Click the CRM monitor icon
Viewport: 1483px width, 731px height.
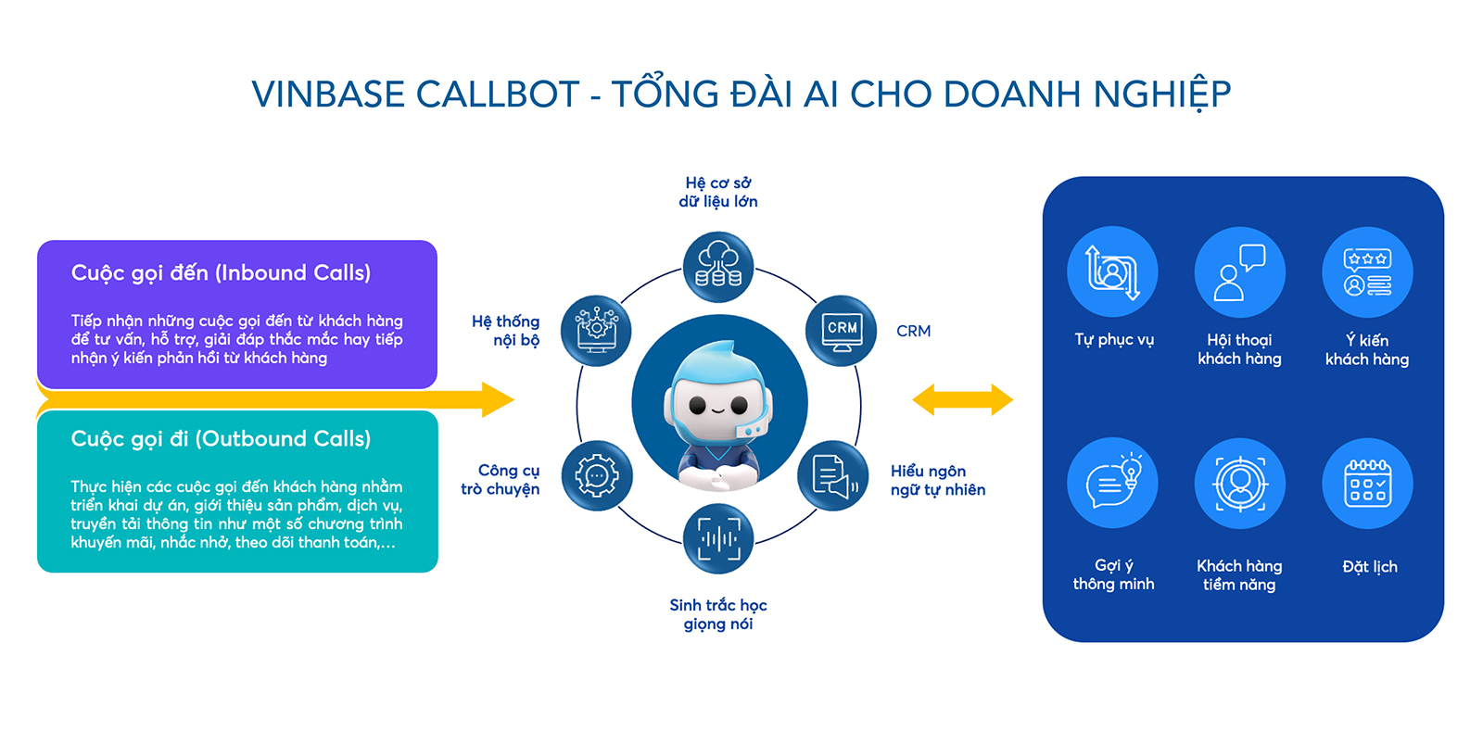(842, 331)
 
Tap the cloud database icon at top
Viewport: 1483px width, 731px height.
(718, 267)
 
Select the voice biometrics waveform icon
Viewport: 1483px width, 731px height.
(718, 538)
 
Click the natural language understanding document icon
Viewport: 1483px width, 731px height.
(832, 476)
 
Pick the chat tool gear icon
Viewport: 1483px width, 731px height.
(597, 476)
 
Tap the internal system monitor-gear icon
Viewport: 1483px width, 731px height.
(596, 331)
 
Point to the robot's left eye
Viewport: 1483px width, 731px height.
(698, 405)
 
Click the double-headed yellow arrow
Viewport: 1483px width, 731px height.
(962, 400)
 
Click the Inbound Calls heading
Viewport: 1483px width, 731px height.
(221, 272)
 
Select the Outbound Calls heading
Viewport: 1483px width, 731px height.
(221, 438)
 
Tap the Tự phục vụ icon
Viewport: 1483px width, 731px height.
(1112, 272)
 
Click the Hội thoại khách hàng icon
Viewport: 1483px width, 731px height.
(1239, 272)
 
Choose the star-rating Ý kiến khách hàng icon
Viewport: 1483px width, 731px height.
(1367, 272)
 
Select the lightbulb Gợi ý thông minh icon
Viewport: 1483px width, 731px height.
(1112, 483)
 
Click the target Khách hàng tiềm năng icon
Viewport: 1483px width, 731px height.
(1239, 483)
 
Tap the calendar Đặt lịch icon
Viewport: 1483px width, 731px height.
(1367, 483)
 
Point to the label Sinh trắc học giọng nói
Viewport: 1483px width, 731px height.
(718, 614)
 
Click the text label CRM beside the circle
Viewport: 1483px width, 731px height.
(913, 331)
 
